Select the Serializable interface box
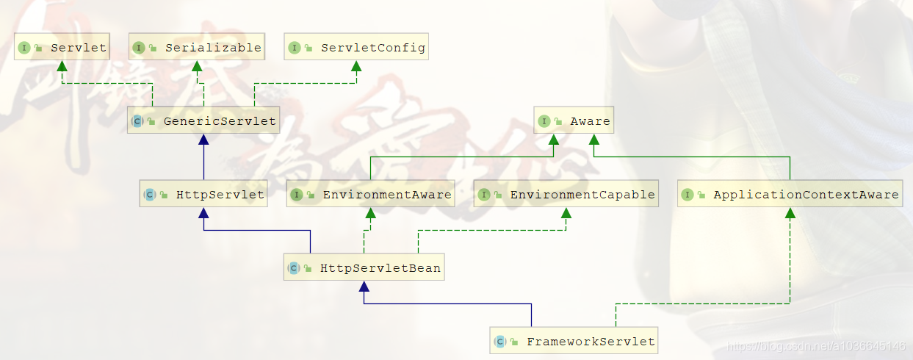tap(197, 48)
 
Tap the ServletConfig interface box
tap(356, 48)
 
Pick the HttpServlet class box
tap(203, 195)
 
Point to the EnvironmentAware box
tap(370, 195)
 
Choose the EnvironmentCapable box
tap(566, 195)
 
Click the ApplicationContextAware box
tap(790, 195)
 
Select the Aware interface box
tap(573, 121)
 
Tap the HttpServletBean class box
tap(364, 268)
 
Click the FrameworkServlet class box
tap(574, 342)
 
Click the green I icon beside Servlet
tap(24, 48)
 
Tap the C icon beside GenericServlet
tap(137, 121)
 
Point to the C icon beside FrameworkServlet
tap(499, 342)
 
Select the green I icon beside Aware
tap(544, 121)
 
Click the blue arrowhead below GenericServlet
tap(203, 140)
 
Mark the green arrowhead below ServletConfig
tap(356, 67)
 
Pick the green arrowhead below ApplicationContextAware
tap(790, 214)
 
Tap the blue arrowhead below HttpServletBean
tap(364, 287)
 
